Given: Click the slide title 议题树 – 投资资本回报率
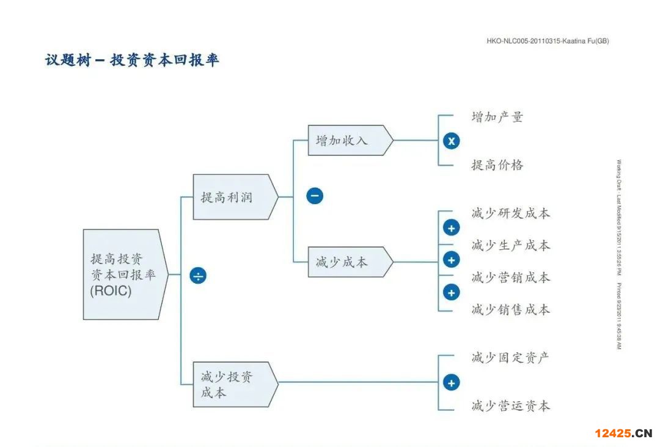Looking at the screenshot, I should click(x=132, y=61).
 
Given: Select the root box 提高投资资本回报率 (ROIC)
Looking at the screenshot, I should click(x=122, y=275).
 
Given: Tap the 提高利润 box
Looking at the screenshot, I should click(x=231, y=197).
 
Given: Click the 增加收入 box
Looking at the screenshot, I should click(x=346, y=140).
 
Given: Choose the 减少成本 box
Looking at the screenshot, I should click(x=346, y=262).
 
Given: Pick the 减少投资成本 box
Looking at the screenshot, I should click(x=231, y=384).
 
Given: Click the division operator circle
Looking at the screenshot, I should click(x=198, y=276).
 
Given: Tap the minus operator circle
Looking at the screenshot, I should click(x=315, y=196).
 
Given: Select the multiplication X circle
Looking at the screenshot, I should click(x=451, y=141).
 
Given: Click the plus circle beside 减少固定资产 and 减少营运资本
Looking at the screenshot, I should click(x=451, y=383).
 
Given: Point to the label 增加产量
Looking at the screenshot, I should click(x=497, y=117).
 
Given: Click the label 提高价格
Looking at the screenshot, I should click(x=497, y=164).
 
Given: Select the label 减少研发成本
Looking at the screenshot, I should click(x=511, y=213).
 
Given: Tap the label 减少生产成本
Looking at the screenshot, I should click(x=511, y=245).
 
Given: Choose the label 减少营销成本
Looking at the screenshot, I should click(x=511, y=277).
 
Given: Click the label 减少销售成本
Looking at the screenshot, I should click(x=511, y=309).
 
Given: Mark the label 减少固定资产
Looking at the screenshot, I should click(x=511, y=357).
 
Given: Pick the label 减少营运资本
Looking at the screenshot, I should click(x=511, y=405).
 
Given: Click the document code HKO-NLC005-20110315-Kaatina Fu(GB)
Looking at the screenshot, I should click(x=548, y=41).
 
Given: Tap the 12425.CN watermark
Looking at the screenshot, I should click(x=623, y=433).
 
